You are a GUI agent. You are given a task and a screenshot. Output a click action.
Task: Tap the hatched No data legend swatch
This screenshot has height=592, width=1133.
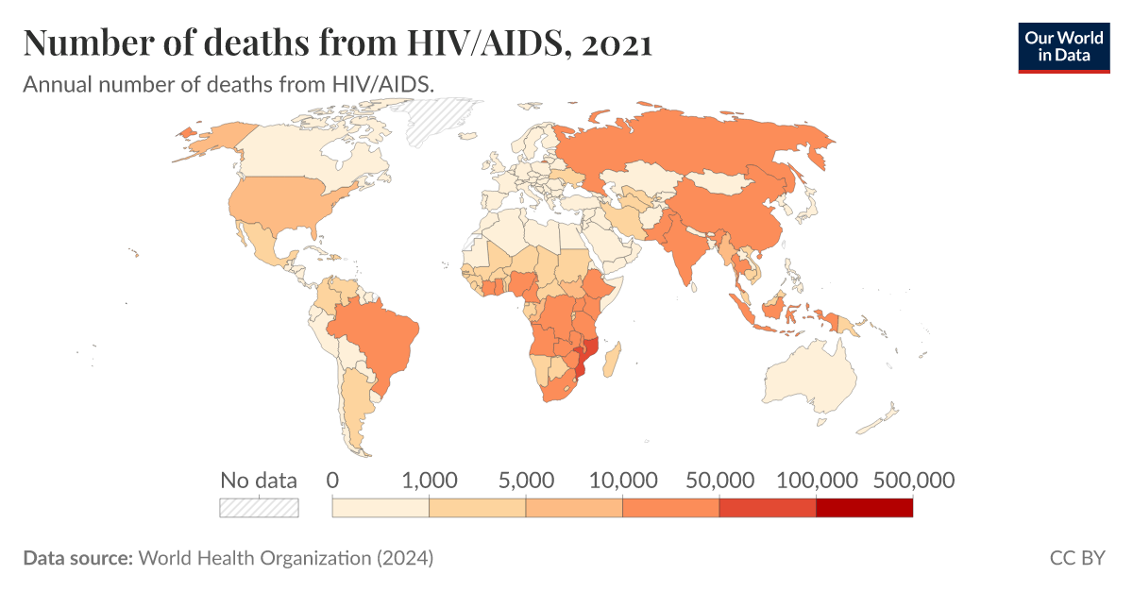259,508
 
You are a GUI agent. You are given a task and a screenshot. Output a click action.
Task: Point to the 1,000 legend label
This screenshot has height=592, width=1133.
430,480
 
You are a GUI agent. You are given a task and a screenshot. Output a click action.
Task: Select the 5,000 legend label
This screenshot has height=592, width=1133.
526,480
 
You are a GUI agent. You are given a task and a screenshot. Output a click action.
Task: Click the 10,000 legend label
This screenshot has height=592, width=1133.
622,480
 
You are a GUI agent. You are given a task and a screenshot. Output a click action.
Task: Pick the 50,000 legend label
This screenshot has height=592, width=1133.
719,480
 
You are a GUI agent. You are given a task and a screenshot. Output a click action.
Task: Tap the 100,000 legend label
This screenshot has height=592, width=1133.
815,480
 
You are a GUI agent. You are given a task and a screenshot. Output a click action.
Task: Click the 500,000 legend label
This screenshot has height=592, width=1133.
911,480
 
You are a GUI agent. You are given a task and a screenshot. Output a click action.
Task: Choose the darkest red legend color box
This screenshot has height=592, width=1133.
864,508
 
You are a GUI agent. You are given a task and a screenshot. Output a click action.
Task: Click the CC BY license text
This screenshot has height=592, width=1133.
1076,558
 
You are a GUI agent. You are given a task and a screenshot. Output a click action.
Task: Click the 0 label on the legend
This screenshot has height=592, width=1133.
332,480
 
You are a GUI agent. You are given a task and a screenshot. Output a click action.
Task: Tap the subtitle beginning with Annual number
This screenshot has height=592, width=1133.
228,83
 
